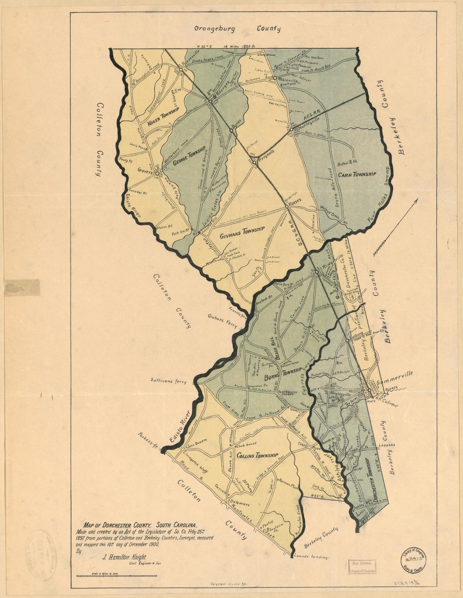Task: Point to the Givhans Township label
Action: pyautogui.click(x=242, y=232)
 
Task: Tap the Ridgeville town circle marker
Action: pyautogui.click(x=317, y=272)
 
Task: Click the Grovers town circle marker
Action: pyautogui.click(x=157, y=173)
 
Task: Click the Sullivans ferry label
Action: pyautogui.click(x=168, y=381)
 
